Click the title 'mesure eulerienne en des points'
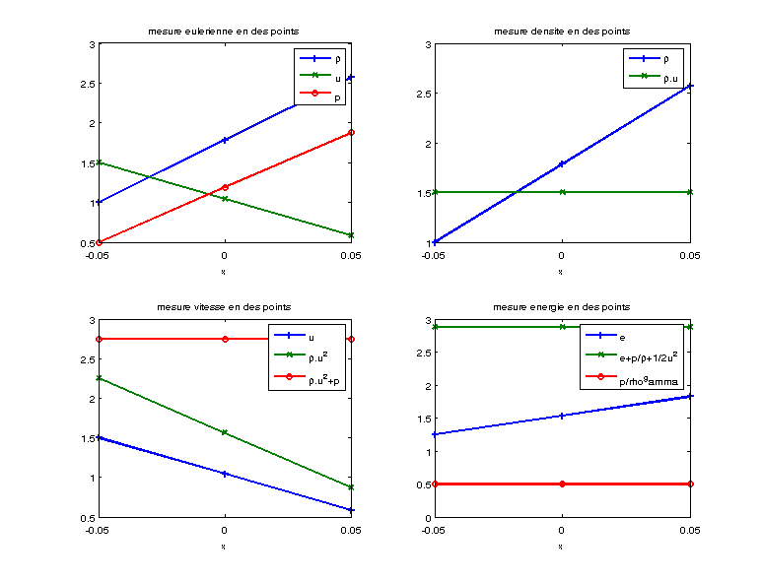point(225,32)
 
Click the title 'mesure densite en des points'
point(561,32)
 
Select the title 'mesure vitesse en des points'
point(225,308)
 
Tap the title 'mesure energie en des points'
point(561,308)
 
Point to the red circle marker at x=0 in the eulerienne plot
point(226,187)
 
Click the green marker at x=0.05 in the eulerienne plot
point(352,234)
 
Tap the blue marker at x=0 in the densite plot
point(562,163)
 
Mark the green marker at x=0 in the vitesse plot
point(226,432)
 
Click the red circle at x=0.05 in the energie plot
point(690,484)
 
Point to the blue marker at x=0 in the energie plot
point(562,416)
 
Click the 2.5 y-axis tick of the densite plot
point(421,94)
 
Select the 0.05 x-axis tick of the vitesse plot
point(352,531)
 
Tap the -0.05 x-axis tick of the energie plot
point(434,531)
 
